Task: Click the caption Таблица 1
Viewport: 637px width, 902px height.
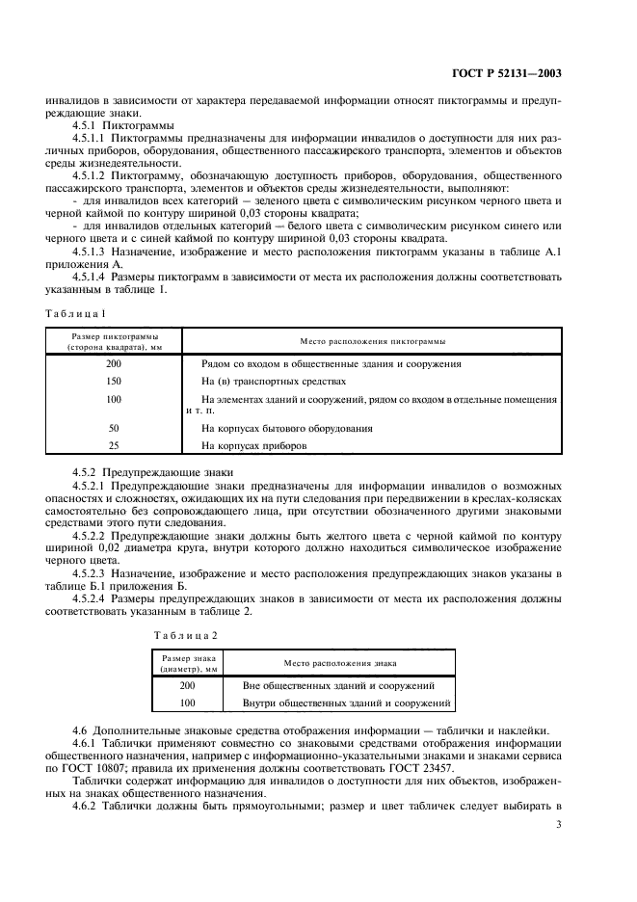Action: click(77, 312)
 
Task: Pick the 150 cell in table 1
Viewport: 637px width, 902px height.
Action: click(114, 382)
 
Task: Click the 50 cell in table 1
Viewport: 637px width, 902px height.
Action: click(114, 427)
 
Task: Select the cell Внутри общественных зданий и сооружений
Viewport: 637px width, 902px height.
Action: click(336, 703)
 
